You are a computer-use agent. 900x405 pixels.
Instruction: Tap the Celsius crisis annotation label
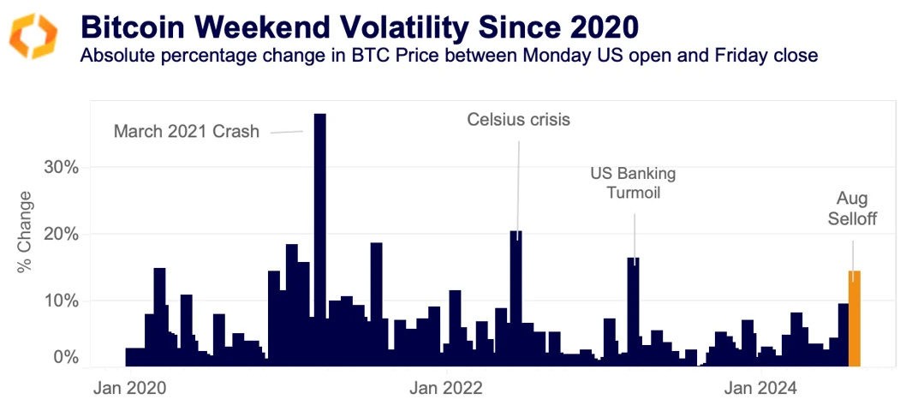pyautogui.click(x=518, y=119)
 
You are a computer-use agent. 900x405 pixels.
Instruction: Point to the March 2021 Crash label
pyautogui.click(x=186, y=132)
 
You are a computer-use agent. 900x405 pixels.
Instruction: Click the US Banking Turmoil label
pyautogui.click(x=633, y=183)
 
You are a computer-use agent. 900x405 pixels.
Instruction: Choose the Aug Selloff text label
pyautogui.click(x=852, y=208)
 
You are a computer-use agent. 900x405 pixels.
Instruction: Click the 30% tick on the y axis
pyautogui.click(x=62, y=166)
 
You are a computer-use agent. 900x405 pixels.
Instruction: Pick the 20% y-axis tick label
pyautogui.click(x=62, y=234)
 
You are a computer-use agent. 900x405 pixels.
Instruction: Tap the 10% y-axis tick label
pyautogui.click(x=62, y=301)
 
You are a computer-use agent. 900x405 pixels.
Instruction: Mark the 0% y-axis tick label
pyautogui.click(x=67, y=357)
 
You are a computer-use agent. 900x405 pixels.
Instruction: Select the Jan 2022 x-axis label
pyautogui.click(x=447, y=388)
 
